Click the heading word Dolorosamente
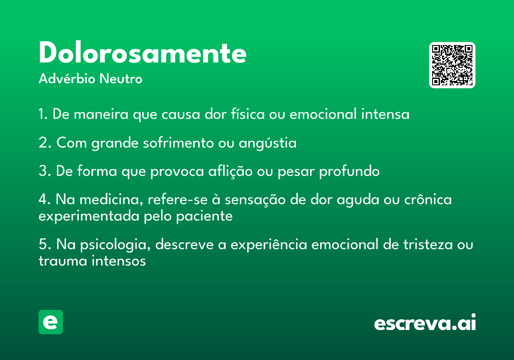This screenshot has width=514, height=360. coord(143,52)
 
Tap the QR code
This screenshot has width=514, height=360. coord(452,65)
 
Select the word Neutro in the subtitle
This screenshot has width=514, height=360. coord(121,79)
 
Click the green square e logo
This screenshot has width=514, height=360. coord(51,322)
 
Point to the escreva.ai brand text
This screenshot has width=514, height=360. coord(425,322)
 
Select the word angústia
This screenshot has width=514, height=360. coord(268,143)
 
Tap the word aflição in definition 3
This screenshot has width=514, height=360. coord(230,171)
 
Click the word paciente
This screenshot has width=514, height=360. coord(204,216)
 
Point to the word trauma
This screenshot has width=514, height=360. coord(63,261)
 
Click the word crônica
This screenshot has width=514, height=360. coord(428,199)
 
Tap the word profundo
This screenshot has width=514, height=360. coord(349,171)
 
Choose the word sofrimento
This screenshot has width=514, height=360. coord(178,142)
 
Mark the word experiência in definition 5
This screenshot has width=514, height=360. coord(269,244)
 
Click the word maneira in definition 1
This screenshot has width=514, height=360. coord(101,114)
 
